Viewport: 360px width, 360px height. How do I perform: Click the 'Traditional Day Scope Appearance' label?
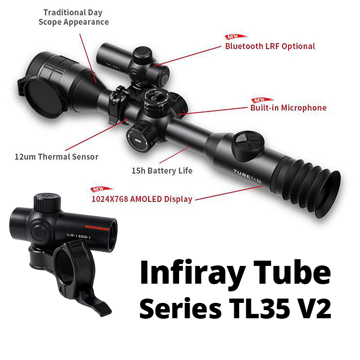tap(73, 17)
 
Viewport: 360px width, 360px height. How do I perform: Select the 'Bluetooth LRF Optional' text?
tap(270, 46)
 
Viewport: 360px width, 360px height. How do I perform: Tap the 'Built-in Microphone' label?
tap(288, 108)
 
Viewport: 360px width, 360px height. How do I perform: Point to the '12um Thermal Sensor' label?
tap(56, 156)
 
